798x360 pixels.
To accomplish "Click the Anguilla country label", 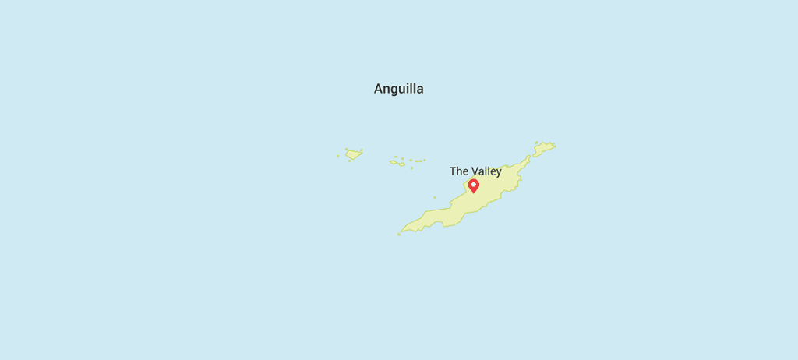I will coord(398,89).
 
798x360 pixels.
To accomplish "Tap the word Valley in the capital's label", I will coord(486,171).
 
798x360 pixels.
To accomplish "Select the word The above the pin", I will coord(458,171).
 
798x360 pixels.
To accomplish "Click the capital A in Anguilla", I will coord(379,89).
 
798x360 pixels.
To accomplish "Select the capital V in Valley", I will coord(475,171).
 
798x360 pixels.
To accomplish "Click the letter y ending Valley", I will coord(498,173).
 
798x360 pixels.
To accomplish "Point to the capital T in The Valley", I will coord(453,171).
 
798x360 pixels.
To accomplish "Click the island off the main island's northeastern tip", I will coord(543,147).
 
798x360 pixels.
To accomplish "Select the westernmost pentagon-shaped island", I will coord(354,154).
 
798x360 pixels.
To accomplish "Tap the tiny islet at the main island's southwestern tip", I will coord(399,234).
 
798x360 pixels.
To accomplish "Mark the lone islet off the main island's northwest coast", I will coord(435,197).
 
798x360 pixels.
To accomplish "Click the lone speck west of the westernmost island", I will coord(338,156).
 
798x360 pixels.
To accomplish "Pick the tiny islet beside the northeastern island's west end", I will coord(536,143).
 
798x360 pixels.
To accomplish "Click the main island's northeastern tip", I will coord(529,157).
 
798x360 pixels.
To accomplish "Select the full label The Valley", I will coord(475,171).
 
